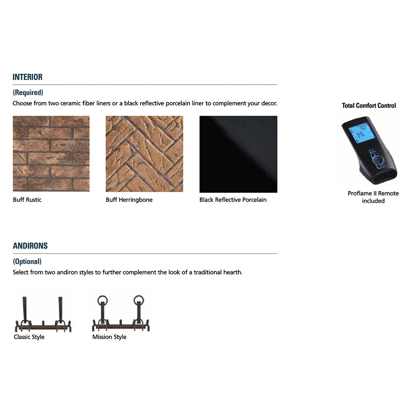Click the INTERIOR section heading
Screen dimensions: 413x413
pos(27,77)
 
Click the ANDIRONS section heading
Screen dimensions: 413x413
pos(30,246)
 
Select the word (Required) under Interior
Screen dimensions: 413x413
pos(28,93)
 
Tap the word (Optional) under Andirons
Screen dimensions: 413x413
pos(27,261)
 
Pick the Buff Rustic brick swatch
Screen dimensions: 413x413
pos(51,154)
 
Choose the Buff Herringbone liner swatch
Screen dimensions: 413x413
pos(144,154)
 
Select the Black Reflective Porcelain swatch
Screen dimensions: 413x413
pos(238,154)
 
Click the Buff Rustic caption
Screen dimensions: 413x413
pos(27,199)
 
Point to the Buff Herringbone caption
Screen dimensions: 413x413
pos(129,199)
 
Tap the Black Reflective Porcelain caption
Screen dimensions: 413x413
pos(233,199)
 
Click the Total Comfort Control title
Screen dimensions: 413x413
pos(369,105)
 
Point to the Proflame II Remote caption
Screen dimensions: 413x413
pos(373,197)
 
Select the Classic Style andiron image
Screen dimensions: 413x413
pos(43,314)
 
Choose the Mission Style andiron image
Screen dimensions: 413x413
pos(121,313)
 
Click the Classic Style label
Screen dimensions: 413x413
pos(29,337)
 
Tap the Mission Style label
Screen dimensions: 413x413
pos(109,337)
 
